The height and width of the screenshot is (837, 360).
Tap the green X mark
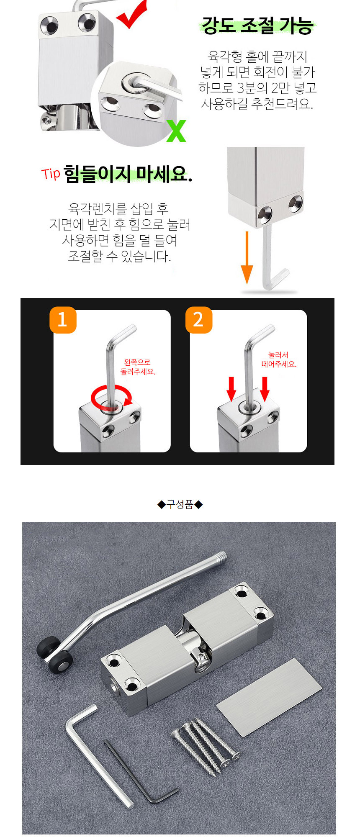pyautogui.click(x=176, y=131)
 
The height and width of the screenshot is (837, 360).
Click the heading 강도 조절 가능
pyautogui.click(x=257, y=25)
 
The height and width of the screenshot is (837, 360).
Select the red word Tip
pyautogui.click(x=51, y=173)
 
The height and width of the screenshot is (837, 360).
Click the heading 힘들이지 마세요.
pyautogui.click(x=128, y=174)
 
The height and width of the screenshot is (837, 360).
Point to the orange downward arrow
pyautogui.click(x=247, y=257)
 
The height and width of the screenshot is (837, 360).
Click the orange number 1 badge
pyautogui.click(x=63, y=320)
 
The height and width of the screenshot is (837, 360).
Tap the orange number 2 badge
pyautogui.click(x=199, y=320)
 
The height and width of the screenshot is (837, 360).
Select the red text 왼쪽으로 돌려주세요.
pyautogui.click(x=138, y=367)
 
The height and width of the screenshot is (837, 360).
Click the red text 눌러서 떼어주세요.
pyautogui.click(x=279, y=359)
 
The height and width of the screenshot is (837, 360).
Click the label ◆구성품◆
pyautogui.click(x=180, y=504)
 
